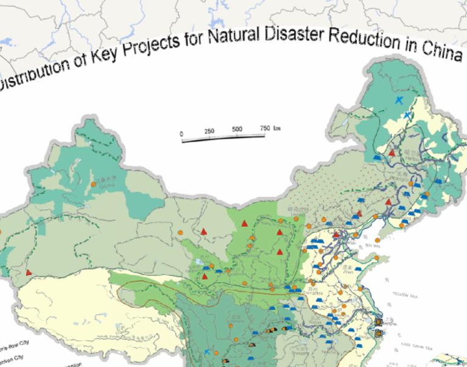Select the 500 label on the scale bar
point(237,130)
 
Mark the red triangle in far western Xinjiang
point(29,273)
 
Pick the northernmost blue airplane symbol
point(399,100)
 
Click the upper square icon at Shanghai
point(379,322)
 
